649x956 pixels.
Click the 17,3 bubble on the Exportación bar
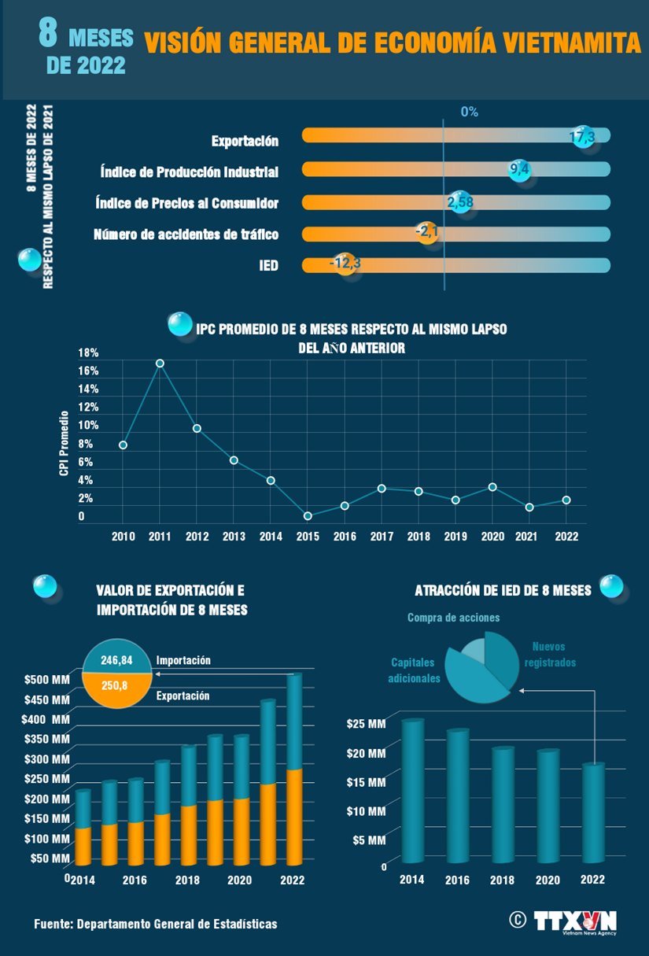click(582, 136)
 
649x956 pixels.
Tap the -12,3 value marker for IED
click(345, 263)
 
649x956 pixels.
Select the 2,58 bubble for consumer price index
click(460, 202)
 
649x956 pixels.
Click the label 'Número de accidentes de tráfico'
click(186, 234)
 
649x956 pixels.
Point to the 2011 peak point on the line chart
click(160, 364)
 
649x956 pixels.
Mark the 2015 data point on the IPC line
click(308, 516)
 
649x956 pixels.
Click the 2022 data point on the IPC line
click(566, 500)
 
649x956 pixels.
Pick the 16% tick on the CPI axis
click(88, 371)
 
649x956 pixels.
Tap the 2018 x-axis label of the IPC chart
click(419, 537)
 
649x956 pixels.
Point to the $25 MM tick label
click(366, 724)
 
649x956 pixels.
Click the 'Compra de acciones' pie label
click(453, 618)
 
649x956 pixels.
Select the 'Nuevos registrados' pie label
click(548, 655)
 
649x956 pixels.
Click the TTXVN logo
click(574, 921)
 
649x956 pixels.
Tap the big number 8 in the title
click(48, 37)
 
